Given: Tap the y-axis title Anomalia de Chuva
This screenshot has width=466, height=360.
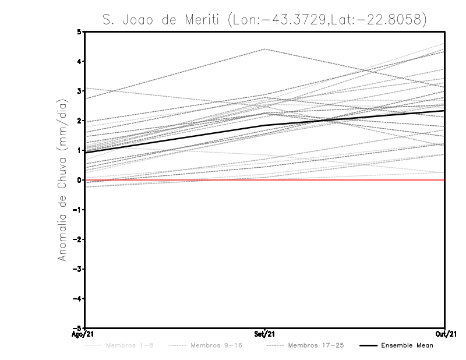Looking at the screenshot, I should [x=61, y=179].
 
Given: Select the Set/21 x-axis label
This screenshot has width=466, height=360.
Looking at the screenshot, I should [x=264, y=334].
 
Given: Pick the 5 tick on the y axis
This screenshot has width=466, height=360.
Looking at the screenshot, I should [x=80, y=31].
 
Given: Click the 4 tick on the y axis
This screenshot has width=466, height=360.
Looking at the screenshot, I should [x=80, y=61].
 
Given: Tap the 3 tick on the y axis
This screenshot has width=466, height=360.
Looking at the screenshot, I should [x=80, y=91].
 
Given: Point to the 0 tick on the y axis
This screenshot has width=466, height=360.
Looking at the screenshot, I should [x=80, y=180].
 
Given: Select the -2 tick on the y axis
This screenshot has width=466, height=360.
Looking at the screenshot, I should [x=78, y=239].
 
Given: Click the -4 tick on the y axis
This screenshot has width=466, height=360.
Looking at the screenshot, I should [x=78, y=298].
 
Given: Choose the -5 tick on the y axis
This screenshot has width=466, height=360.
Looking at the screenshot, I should [x=78, y=328].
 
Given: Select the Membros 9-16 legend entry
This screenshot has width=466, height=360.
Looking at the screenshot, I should [x=207, y=345].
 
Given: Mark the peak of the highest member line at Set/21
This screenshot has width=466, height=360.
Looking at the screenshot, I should [x=264, y=49].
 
